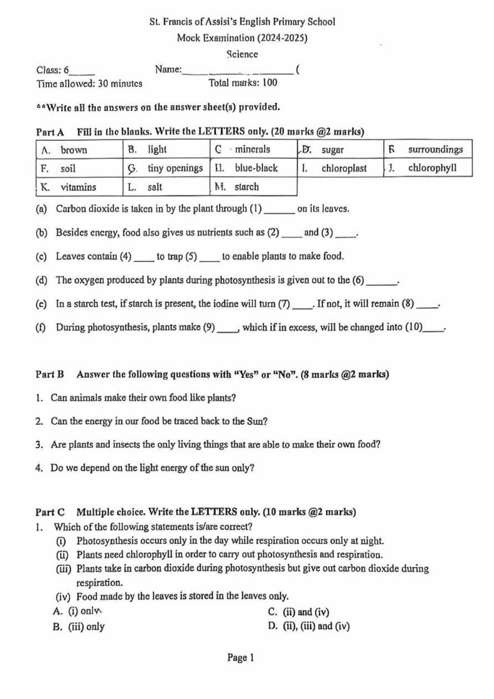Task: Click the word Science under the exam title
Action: click(242, 54)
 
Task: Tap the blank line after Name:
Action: click(237, 72)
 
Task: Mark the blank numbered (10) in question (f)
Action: click(434, 330)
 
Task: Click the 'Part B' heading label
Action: click(50, 374)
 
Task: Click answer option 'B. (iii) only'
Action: click(79, 626)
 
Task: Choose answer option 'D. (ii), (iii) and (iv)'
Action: click(309, 626)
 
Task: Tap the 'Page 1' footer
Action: click(241, 658)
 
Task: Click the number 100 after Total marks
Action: click(270, 83)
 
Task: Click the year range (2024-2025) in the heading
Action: click(282, 38)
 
